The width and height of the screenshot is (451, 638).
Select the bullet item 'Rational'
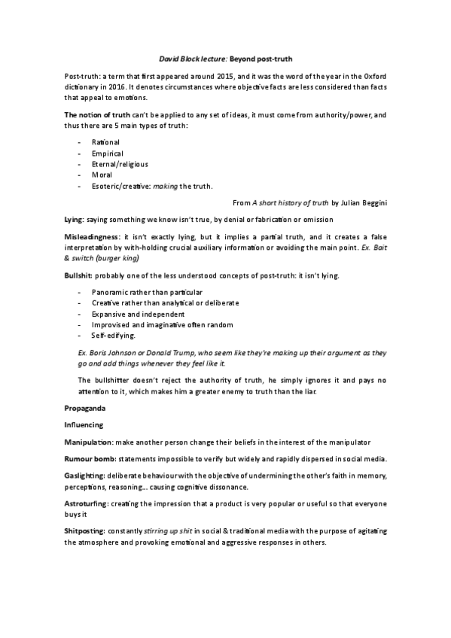tap(105, 142)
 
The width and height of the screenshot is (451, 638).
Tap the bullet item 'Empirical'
tap(108, 153)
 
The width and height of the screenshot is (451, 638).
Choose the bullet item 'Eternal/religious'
tap(120, 164)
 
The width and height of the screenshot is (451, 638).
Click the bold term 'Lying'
tap(74, 219)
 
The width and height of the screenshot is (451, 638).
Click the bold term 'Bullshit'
tap(78, 275)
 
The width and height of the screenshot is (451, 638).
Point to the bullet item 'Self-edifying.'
tap(114, 336)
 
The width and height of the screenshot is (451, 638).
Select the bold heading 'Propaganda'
tap(85, 407)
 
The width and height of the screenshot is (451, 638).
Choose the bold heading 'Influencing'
tap(84, 424)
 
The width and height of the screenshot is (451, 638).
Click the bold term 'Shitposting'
tap(85, 531)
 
